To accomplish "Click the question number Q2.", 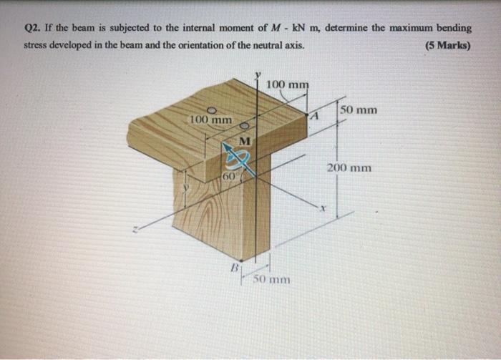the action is (x=34, y=29).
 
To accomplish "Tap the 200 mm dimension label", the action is (x=349, y=168).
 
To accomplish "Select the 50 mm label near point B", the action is (x=269, y=278).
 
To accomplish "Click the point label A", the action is (x=313, y=115).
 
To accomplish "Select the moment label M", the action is (x=245, y=141).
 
